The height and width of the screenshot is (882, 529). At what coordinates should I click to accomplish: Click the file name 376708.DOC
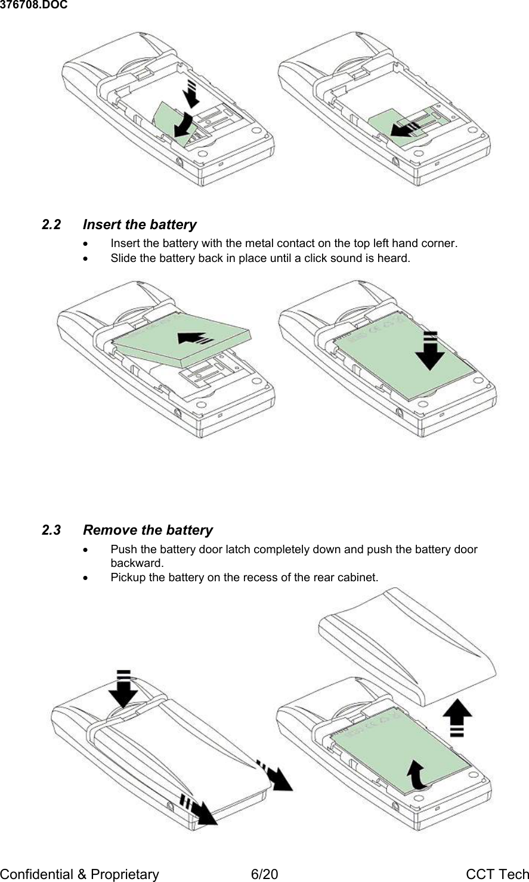pyautogui.click(x=33, y=5)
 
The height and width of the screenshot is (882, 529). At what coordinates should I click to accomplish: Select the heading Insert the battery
pyautogui.click(x=140, y=225)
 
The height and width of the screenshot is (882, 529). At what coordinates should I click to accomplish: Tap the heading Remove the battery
pyautogui.click(x=148, y=531)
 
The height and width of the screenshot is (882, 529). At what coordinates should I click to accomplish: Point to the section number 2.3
pyautogui.click(x=51, y=531)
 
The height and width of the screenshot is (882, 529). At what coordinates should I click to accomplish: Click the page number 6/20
pyautogui.click(x=264, y=874)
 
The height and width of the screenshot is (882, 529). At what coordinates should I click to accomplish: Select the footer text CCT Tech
pyautogui.click(x=497, y=874)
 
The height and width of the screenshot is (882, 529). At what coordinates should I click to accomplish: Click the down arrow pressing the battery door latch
pyautogui.click(x=123, y=689)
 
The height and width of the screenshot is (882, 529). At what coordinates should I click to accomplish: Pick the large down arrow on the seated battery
pyautogui.click(x=430, y=352)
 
